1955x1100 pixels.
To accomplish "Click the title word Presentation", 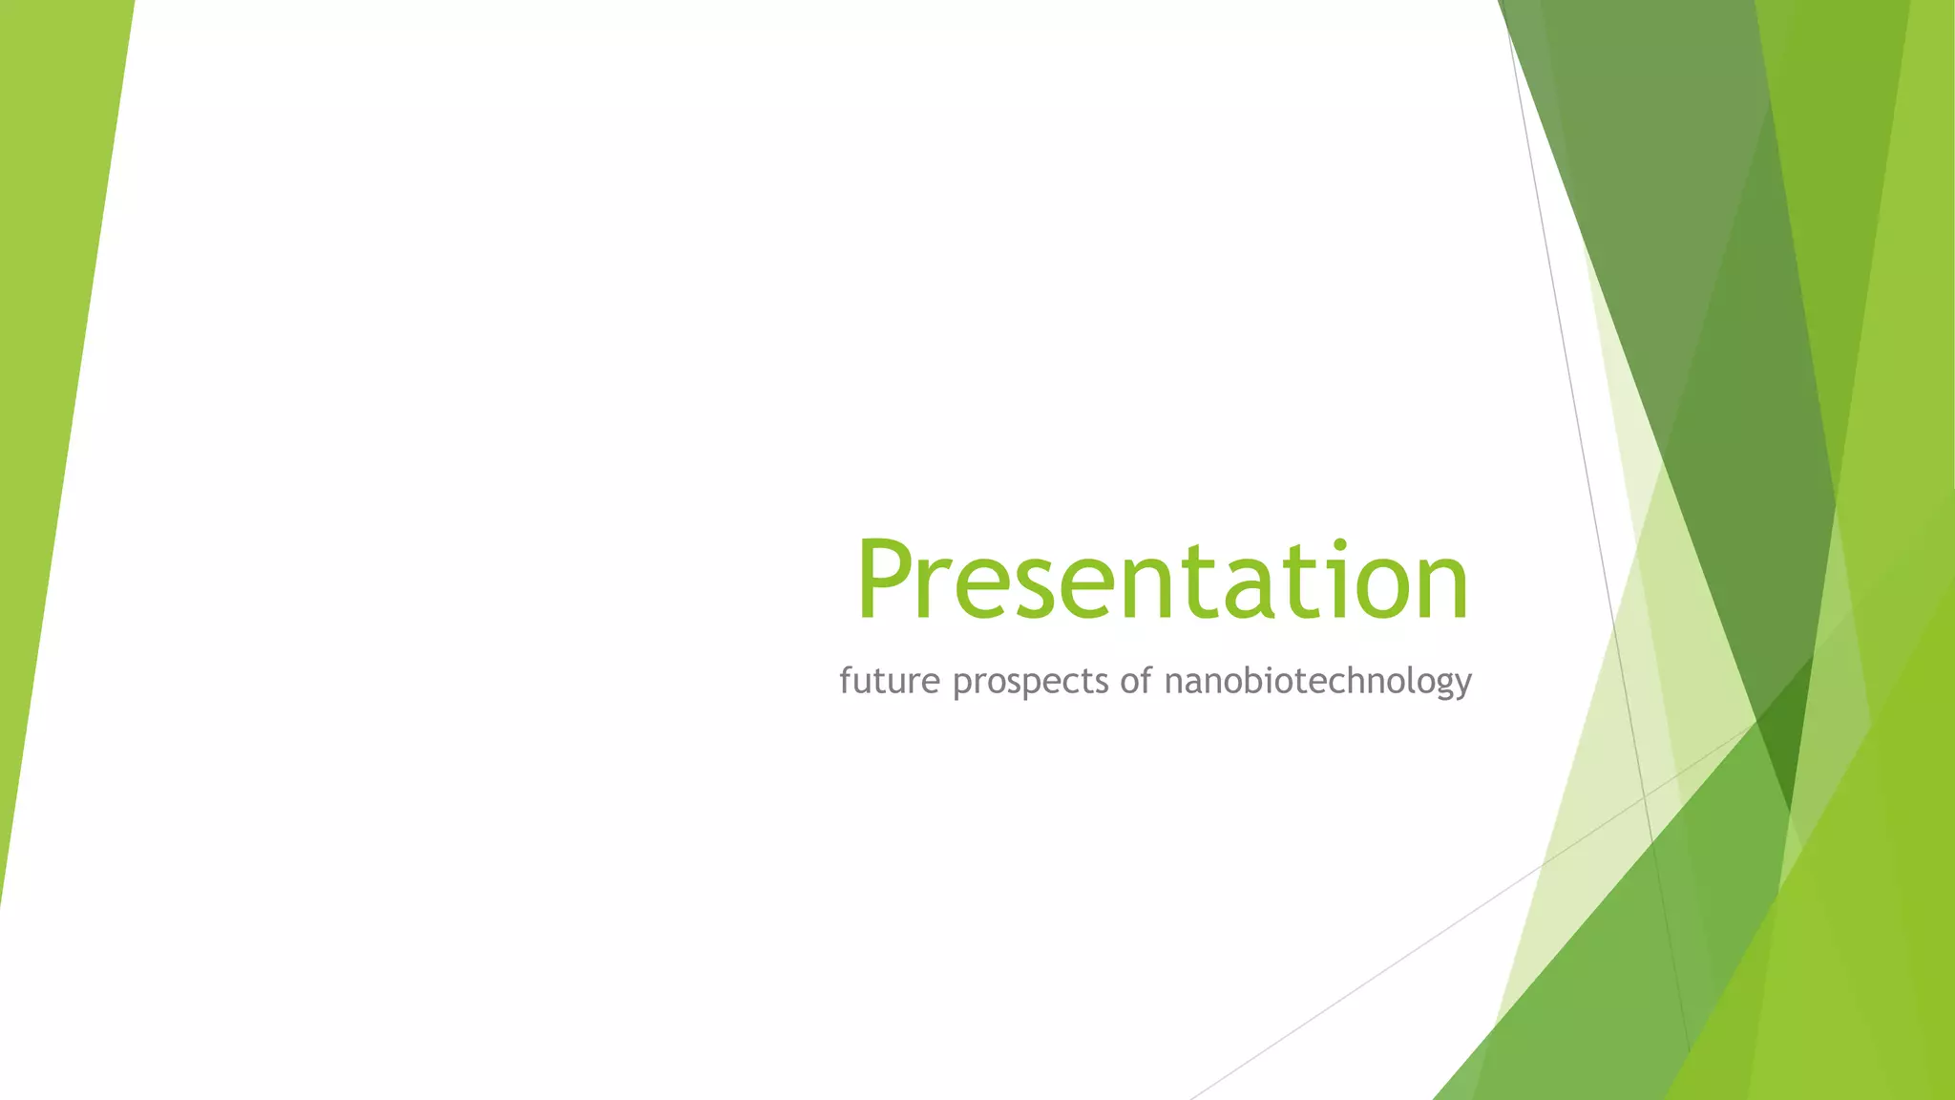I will (x=1162, y=581).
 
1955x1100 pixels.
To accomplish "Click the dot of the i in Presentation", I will (x=1340, y=546).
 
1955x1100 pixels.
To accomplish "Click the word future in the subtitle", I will (x=889, y=681).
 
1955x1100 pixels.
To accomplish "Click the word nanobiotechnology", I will (x=1318, y=682).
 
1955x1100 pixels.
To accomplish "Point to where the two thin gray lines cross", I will (x=1644, y=795).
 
